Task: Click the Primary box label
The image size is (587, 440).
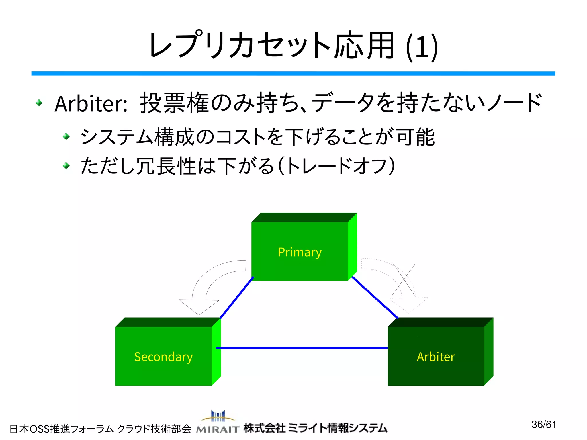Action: click(x=300, y=252)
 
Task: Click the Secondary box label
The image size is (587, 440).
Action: click(x=163, y=357)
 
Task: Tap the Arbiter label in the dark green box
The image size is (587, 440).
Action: click(x=436, y=357)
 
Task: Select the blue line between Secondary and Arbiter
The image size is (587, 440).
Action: click(x=301, y=348)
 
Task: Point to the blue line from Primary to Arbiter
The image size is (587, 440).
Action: click(x=375, y=298)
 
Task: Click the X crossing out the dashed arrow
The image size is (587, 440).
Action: click(x=404, y=279)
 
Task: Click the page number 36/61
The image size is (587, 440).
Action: click(x=544, y=425)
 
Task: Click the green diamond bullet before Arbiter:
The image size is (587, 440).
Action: click(x=39, y=103)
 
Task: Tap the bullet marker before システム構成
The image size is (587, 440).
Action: click(x=66, y=136)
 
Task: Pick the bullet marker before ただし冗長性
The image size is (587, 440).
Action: click(x=66, y=166)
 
